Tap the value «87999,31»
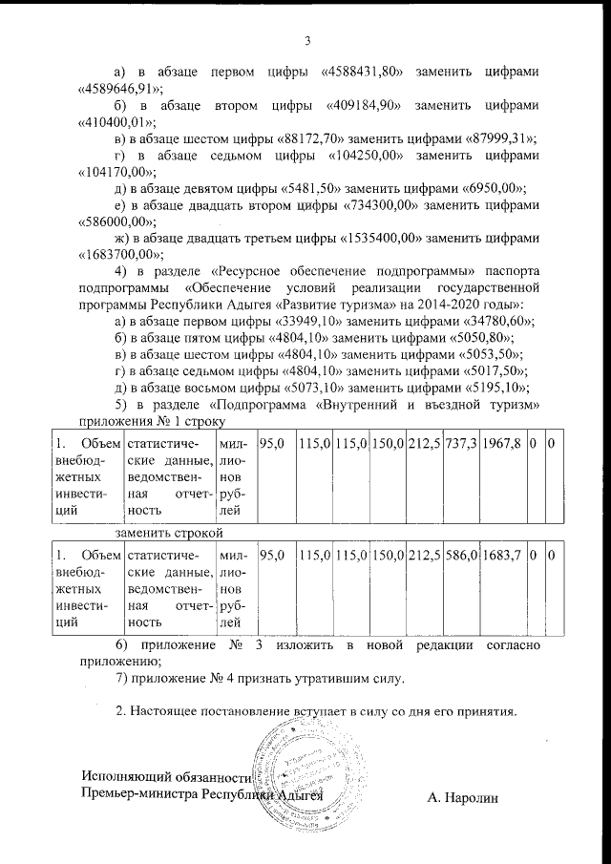pyautogui.click(x=495, y=140)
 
